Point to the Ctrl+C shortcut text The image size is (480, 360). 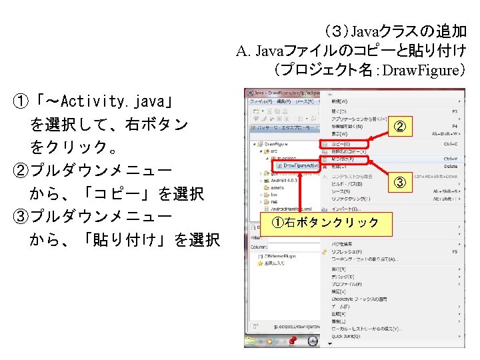pyautogui.click(x=450, y=144)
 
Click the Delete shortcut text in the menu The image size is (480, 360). pyautogui.click(x=450, y=167)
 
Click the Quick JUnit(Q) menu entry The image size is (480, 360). pyautogui.click(x=347, y=336)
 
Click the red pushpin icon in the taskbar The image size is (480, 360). pyautogui.click(x=291, y=341)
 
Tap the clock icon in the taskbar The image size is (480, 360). pyautogui.click(x=313, y=341)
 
